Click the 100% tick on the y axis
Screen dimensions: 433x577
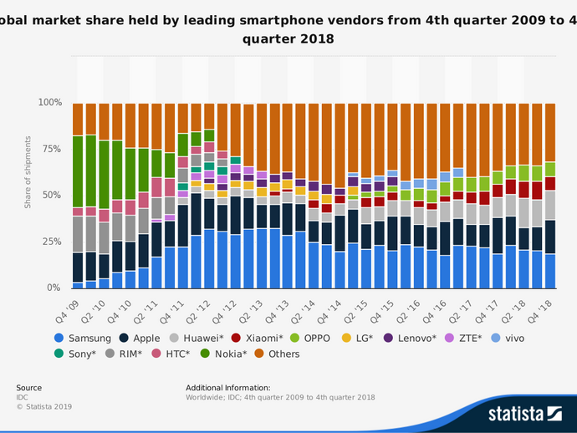click(x=49, y=103)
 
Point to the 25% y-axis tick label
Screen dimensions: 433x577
click(x=52, y=242)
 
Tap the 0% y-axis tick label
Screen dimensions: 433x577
click(x=54, y=288)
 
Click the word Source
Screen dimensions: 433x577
click(x=28, y=388)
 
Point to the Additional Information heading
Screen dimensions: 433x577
click(x=229, y=388)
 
